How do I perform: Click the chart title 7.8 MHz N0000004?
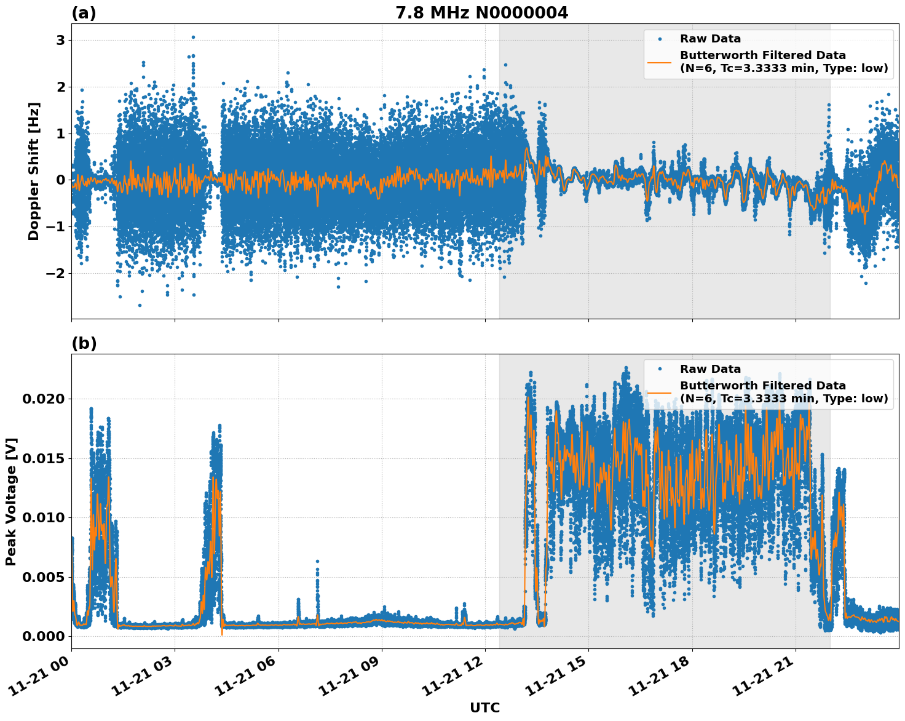[481, 13]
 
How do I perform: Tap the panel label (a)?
[84, 13]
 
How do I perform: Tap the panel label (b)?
[84, 343]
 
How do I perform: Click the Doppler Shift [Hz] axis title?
[34, 171]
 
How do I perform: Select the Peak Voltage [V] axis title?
[11, 501]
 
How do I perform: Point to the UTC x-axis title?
[484, 707]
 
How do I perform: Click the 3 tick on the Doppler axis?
[61, 41]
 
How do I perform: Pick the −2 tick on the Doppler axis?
[55, 273]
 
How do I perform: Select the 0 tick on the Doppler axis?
[61, 180]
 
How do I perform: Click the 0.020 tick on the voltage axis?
[43, 399]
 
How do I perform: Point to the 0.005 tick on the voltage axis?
[43, 577]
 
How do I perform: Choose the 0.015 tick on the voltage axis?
[43, 458]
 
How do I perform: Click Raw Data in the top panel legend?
[710, 39]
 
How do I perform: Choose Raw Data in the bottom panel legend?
[710, 369]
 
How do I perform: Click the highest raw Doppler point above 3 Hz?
[193, 37]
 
